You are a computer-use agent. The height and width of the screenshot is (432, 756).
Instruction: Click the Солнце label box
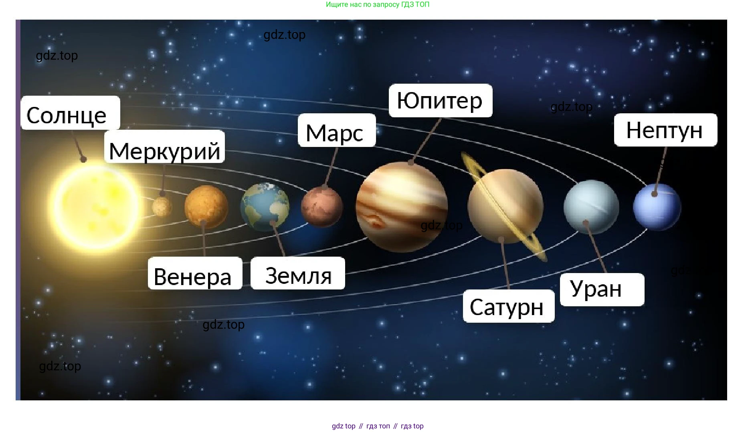70,113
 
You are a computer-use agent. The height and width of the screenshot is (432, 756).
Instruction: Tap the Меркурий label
164,146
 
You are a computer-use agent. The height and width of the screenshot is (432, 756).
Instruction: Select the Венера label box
195,273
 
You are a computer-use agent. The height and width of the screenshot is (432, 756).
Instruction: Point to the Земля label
298,273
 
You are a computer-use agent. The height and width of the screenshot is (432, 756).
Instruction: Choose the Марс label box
337,130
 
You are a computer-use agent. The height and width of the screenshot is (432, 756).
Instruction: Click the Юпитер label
441,100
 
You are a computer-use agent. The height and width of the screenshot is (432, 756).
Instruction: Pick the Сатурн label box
509,306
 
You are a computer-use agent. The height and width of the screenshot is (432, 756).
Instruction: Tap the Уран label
602,289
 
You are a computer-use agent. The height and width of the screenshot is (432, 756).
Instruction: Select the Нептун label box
665,130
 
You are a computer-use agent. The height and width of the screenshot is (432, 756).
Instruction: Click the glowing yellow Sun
95,205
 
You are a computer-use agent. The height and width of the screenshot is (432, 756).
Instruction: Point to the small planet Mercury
162,207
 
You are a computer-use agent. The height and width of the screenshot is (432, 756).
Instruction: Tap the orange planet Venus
206,206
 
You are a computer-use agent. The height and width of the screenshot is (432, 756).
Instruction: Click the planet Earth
265,207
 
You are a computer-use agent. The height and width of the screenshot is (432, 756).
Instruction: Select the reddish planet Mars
322,207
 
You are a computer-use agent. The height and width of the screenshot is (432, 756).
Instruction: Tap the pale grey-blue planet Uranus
591,207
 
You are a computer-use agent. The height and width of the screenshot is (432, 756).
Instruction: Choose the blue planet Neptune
657,207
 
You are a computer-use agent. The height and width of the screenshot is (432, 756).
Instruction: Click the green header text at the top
378,4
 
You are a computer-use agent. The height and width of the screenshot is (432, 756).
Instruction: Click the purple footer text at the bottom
378,426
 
